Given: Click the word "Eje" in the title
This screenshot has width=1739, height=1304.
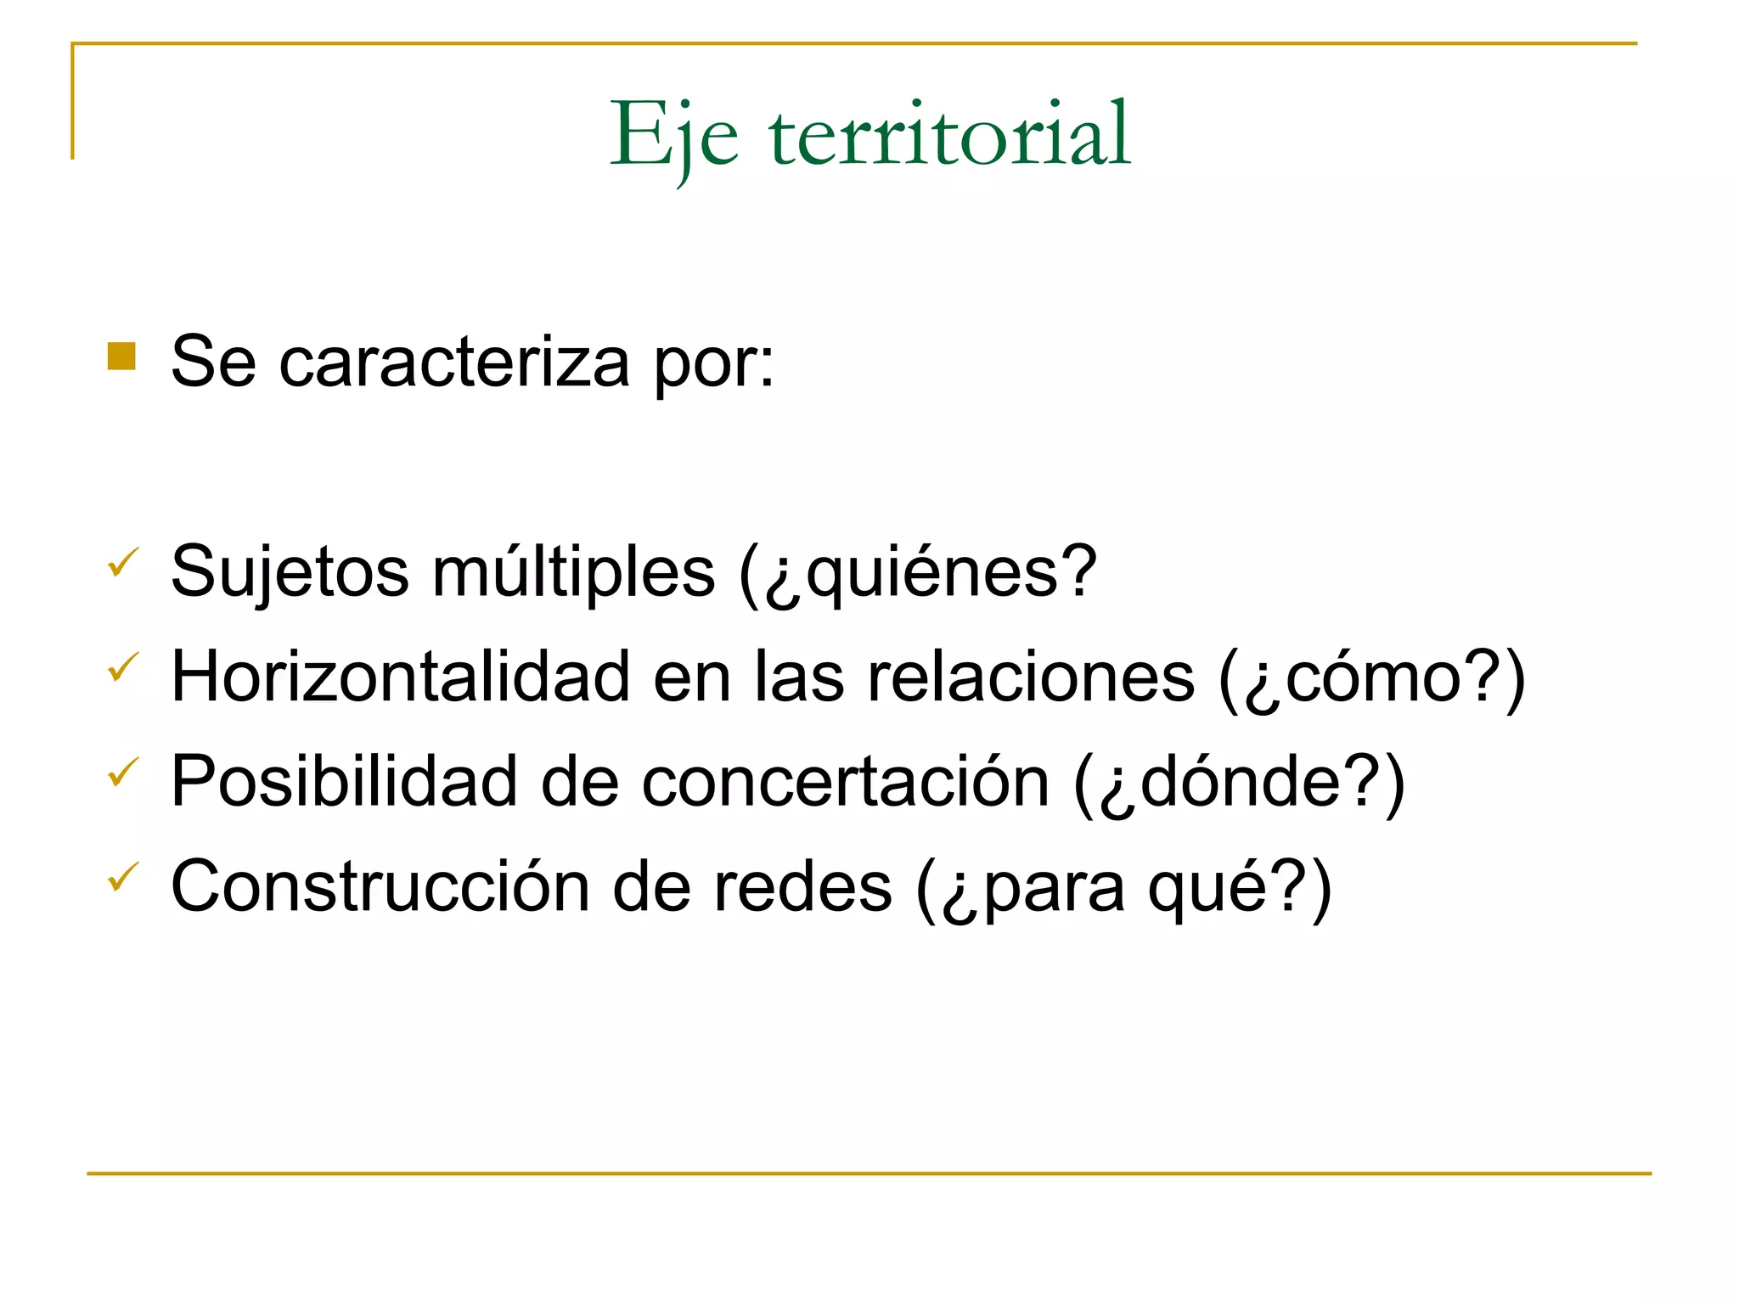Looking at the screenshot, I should [x=674, y=136].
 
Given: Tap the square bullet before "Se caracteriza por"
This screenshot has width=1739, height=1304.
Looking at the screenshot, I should [x=121, y=357].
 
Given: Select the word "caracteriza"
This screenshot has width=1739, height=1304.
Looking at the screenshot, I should [x=454, y=363].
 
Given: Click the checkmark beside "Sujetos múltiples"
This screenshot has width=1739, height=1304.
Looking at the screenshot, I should [x=123, y=563].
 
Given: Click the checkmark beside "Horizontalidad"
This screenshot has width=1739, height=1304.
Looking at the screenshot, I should [x=123, y=667].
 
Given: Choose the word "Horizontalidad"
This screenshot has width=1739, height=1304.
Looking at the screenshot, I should [x=400, y=677].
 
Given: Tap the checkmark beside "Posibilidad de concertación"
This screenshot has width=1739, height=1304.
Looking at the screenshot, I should [x=123, y=773].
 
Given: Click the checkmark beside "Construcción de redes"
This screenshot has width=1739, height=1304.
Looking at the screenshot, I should [x=123, y=877].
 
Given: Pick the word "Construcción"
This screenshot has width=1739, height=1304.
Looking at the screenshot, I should [x=380, y=887].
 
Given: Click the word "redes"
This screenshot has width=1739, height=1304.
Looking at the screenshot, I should [x=802, y=887].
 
